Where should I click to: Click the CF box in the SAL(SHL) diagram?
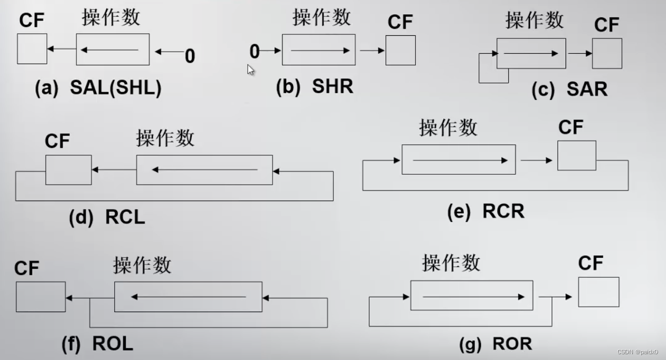[32, 49]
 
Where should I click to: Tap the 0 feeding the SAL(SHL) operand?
[189, 56]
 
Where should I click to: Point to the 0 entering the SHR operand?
[255, 52]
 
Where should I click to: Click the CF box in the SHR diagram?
[400, 51]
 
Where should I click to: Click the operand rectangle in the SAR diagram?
[531, 53]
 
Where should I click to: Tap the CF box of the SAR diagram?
[607, 54]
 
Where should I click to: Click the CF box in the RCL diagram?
[68, 170]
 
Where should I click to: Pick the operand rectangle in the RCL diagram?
[204, 170]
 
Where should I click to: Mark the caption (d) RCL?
[107, 217]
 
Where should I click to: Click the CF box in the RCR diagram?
[577, 156]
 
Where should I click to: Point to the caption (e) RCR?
[486, 211]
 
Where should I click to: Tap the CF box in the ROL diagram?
[41, 297]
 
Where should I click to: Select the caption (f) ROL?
[97, 344]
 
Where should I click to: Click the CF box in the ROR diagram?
[599, 292]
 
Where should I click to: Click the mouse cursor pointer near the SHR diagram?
[251, 70]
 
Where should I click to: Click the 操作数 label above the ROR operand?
[451, 262]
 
